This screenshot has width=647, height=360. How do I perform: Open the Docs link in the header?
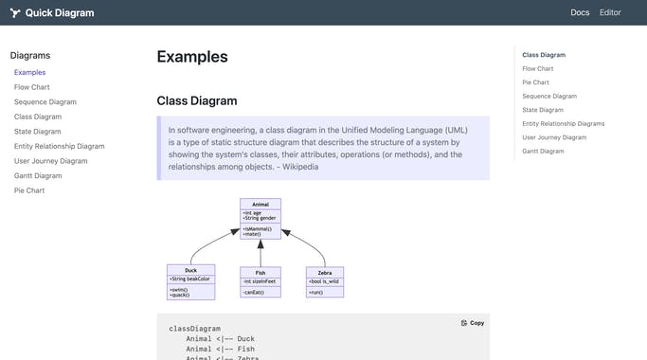point(580,12)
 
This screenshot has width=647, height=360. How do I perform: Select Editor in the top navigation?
point(610,12)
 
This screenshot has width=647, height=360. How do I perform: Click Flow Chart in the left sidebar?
point(32,87)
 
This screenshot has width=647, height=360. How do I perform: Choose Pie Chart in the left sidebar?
point(29,190)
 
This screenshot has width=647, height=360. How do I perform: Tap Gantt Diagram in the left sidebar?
point(38,175)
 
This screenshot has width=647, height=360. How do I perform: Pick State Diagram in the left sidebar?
point(37,132)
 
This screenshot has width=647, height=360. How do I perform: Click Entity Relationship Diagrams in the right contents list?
point(563,123)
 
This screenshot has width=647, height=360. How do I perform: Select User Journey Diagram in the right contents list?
point(554,137)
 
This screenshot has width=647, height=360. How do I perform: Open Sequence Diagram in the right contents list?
point(549,96)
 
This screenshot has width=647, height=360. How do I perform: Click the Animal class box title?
point(261,204)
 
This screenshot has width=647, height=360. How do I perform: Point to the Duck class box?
point(190,281)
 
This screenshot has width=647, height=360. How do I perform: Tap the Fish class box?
point(261,281)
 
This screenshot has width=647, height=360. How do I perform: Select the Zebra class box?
point(325,281)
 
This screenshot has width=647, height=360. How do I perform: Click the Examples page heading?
point(192,57)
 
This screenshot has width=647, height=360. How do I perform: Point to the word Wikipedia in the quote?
point(299,167)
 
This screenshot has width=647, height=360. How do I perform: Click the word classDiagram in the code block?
point(194,328)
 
